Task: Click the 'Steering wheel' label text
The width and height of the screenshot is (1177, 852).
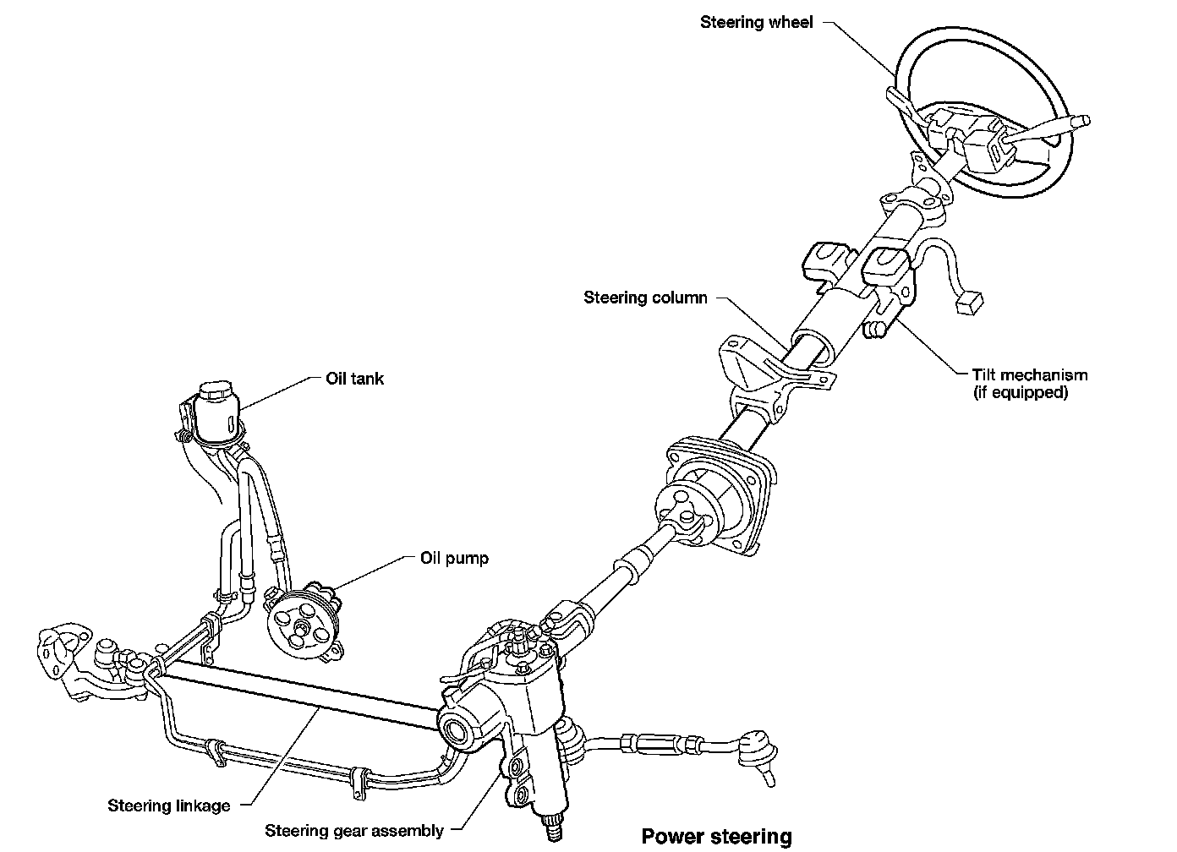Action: [x=756, y=23]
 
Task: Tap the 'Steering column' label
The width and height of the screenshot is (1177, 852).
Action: [x=645, y=298]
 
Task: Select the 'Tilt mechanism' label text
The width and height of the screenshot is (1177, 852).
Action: [x=1029, y=374]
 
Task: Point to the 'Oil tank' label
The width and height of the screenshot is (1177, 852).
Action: [x=354, y=378]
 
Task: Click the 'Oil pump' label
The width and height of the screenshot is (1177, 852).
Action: [x=454, y=558]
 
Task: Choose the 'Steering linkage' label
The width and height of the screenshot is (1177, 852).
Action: [x=168, y=806]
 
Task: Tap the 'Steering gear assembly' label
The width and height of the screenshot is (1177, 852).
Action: [x=354, y=830]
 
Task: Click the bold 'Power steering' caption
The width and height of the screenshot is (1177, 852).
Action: [x=716, y=837]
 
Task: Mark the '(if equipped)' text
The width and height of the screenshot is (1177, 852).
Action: [x=1021, y=393]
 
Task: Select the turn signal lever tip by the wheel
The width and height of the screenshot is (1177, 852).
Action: [x=1080, y=122]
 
